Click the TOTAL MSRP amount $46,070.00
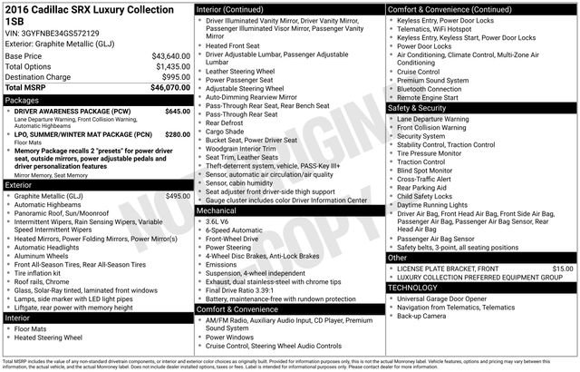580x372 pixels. coord(169,88)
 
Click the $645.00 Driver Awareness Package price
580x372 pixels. coord(177,111)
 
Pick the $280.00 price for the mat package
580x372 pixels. coord(177,134)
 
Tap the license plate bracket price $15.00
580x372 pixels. coord(563,269)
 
